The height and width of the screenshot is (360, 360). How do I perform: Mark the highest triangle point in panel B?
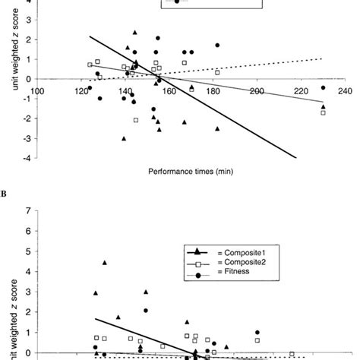click(105, 263)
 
